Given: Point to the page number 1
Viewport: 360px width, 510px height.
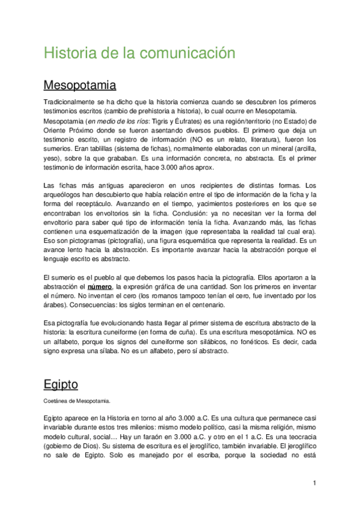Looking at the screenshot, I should click(314, 482).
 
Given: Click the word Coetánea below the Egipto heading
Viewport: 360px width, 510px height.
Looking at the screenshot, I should click(54, 401).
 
